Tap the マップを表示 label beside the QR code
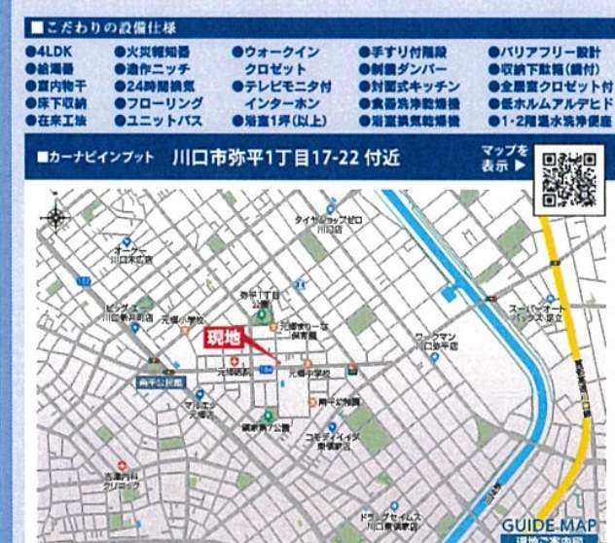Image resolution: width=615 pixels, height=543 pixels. click(x=504, y=158)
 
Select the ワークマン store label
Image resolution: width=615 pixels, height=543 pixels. click(x=435, y=338)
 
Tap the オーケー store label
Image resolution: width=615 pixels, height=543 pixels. click(x=130, y=256)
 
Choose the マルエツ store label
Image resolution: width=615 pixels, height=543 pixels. click(x=200, y=410)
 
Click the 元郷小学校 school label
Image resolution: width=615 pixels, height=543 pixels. click(x=182, y=320)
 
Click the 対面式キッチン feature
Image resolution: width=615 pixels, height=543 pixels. click(x=403, y=86)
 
